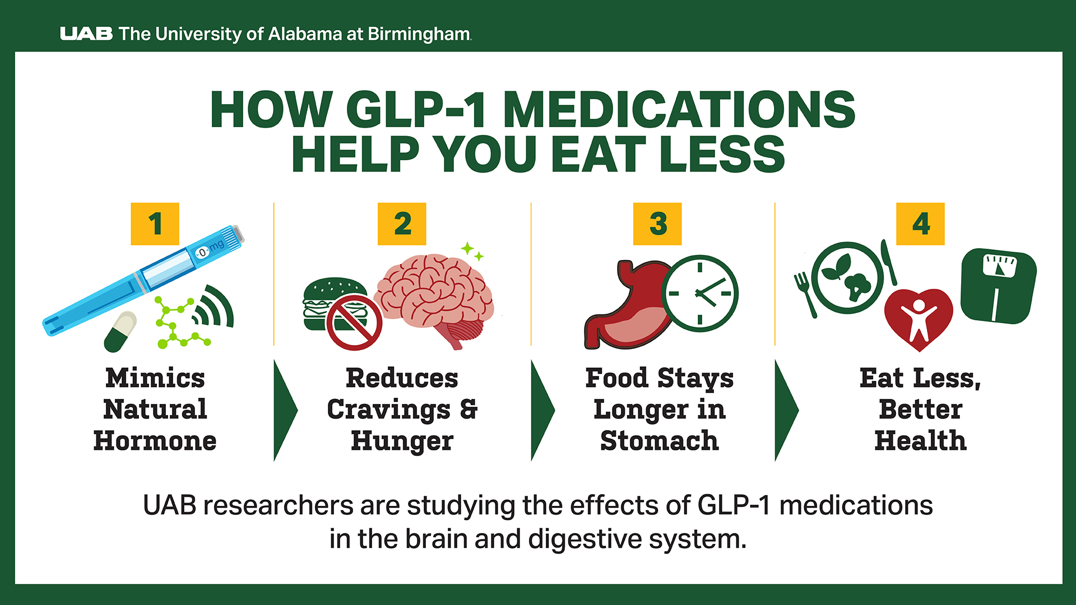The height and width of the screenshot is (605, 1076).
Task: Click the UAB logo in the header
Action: (x=86, y=34)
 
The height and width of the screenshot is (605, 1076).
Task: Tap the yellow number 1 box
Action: (x=155, y=224)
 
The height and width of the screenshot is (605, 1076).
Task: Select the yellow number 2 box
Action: (x=402, y=224)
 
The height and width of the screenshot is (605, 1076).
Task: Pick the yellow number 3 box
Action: (x=657, y=224)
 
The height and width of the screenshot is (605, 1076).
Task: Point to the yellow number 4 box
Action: (x=920, y=224)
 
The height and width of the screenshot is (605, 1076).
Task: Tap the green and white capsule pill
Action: (x=120, y=332)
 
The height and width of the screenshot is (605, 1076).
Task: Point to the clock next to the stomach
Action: (x=699, y=293)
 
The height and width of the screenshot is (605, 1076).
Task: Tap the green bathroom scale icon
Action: (x=998, y=286)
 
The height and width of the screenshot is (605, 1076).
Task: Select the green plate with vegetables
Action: (x=847, y=278)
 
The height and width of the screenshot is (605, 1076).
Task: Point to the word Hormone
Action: (x=155, y=441)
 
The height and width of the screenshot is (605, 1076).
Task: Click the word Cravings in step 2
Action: (x=388, y=409)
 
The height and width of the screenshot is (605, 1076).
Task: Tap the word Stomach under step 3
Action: (x=659, y=441)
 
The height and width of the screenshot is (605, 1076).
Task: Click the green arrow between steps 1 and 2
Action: (x=285, y=410)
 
